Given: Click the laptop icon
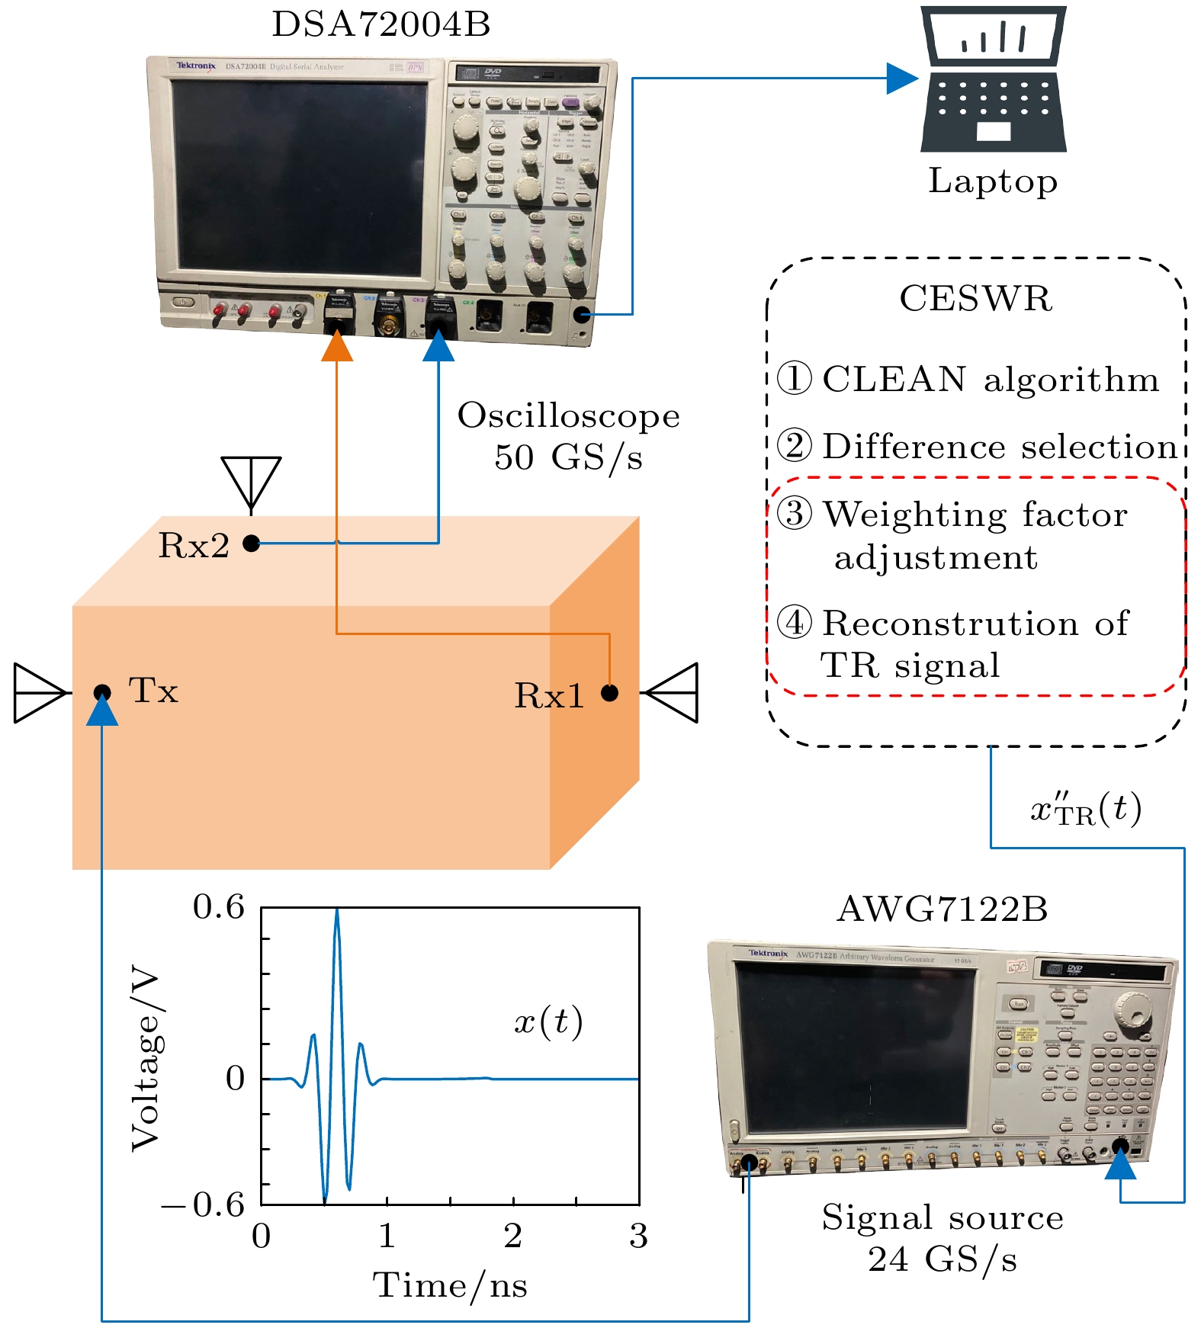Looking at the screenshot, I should pyautogui.click(x=993, y=79).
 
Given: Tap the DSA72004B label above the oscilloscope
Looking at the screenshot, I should pyautogui.click(x=381, y=24).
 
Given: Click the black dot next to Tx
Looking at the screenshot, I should pyautogui.click(x=102, y=692).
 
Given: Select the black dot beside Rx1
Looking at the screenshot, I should pyautogui.click(x=609, y=692).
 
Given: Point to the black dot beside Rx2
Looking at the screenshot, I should pyautogui.click(x=251, y=543).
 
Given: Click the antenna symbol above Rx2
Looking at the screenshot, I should pyautogui.click(x=251, y=480).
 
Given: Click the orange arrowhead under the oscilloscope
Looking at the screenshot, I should pyautogui.click(x=337, y=347).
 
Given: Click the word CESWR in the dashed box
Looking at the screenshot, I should pyautogui.click(x=976, y=299).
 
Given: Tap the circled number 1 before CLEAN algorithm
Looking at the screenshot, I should pyautogui.click(x=795, y=379).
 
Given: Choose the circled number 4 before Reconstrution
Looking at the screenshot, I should pyautogui.click(x=795, y=623).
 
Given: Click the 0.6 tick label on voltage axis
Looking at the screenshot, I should pyautogui.click(x=219, y=907).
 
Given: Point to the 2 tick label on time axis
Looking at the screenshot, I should pyautogui.click(x=512, y=1236).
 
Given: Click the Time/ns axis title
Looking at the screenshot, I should pyautogui.click(x=450, y=1285).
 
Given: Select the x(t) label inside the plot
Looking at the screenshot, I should pyautogui.click(x=548, y=1022).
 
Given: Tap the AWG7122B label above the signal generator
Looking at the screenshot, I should pyautogui.click(x=942, y=909).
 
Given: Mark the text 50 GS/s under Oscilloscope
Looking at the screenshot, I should pyautogui.click(x=568, y=457).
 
